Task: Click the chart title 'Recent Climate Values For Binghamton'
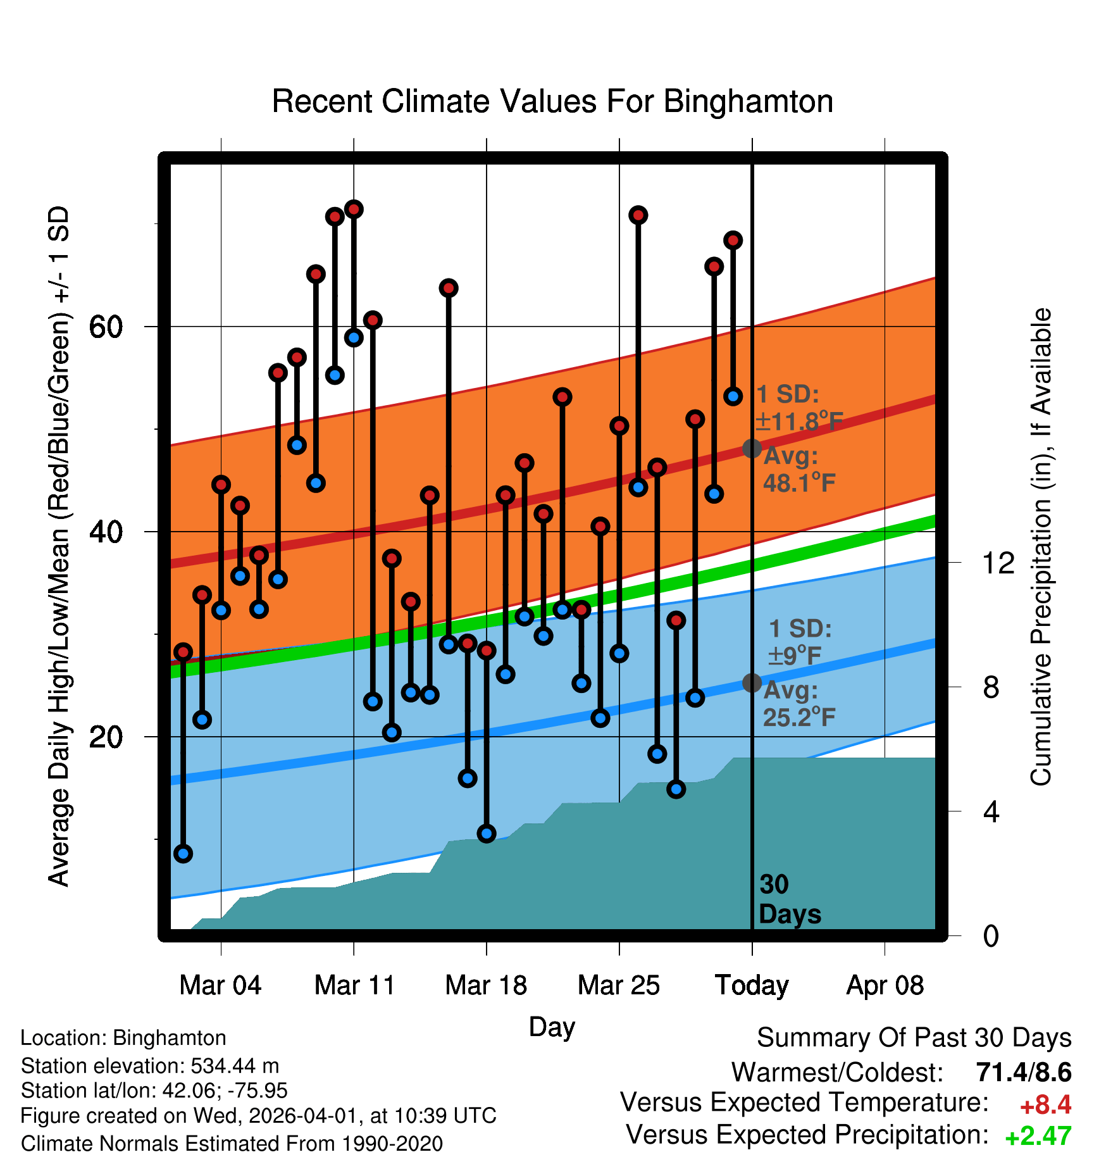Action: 552,101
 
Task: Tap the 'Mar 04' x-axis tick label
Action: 220,985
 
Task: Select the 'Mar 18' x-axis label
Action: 486,985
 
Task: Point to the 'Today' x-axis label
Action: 752,985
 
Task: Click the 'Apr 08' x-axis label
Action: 885,985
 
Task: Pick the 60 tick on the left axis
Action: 106,327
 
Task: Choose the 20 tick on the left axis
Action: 106,737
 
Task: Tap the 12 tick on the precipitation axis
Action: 998,563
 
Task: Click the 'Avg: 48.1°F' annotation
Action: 798,469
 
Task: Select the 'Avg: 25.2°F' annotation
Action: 798,703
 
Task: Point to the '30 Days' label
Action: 789,899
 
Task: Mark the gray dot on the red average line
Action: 752,448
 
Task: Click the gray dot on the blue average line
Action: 752,682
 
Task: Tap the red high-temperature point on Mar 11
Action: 354,209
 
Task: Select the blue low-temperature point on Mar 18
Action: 487,833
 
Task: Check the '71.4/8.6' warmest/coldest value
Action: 1023,1072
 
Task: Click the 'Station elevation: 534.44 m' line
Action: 150,1066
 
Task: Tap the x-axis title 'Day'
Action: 552,1027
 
